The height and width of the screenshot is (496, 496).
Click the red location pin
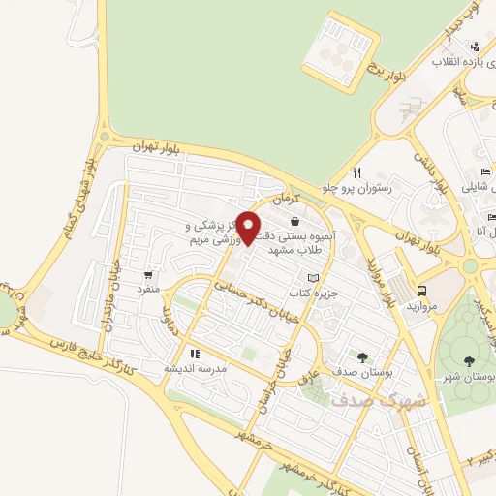tap(248, 228)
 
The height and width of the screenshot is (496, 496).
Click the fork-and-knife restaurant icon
tap(356, 173)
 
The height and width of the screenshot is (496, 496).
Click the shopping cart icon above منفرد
tap(147, 275)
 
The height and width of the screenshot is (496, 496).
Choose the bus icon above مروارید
tap(421, 290)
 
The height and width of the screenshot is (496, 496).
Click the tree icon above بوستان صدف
tap(362, 358)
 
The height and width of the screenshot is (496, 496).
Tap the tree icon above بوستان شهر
tap(469, 360)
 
